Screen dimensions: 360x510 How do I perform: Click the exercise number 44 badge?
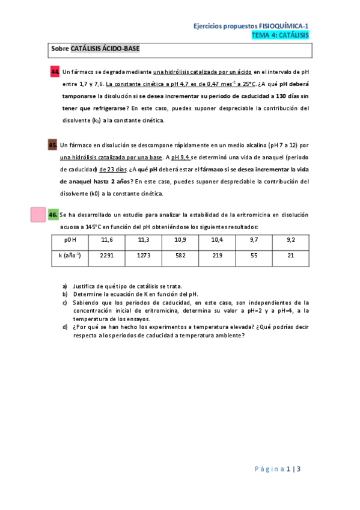pos(54,73)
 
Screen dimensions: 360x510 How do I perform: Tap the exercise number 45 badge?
pos(53,145)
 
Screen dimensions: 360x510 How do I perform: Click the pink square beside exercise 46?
pos(38,215)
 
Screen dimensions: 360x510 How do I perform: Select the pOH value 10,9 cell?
pos(180,240)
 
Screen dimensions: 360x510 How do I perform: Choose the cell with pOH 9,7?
pos(254,240)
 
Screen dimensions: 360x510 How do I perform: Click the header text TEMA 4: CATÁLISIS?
pos(280,35)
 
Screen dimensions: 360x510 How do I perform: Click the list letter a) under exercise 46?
pos(65,286)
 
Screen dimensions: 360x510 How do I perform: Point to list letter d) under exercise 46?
pos(65,327)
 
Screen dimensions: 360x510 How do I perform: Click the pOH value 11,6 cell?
pos(107,240)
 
